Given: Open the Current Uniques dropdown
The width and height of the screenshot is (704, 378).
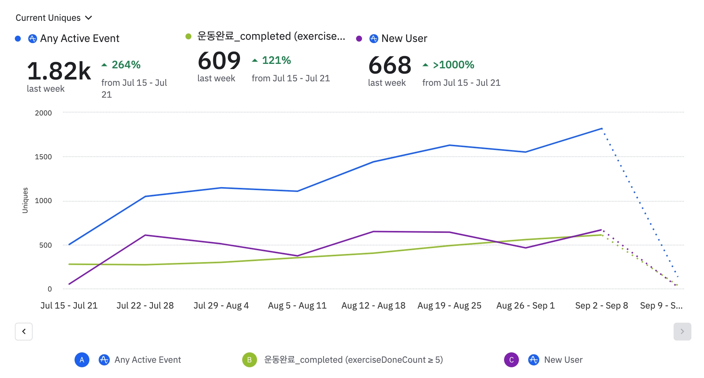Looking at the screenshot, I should click(53, 18).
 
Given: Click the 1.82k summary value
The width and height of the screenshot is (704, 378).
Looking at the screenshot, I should click(59, 71).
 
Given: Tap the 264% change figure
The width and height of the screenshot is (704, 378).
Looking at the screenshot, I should click(126, 65).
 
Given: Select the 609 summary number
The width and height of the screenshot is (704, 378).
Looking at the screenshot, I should click(219, 61).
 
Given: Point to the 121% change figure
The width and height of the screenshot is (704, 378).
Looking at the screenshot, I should click(276, 60).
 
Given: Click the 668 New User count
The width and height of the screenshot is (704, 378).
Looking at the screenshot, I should click(390, 65).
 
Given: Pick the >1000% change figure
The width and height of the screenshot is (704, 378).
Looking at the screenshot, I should click(453, 65).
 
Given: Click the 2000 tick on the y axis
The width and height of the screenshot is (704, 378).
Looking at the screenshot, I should click(43, 113).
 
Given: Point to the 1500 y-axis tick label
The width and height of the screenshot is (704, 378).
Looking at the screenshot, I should click(43, 157).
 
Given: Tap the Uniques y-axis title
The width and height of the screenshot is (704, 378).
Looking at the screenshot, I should click(25, 200).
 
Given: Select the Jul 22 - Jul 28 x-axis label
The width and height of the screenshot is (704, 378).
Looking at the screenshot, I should click(145, 306).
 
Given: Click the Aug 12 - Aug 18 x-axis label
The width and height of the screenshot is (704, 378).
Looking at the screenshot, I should click(373, 306).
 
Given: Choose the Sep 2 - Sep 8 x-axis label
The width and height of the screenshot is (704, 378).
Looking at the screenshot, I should click(601, 306).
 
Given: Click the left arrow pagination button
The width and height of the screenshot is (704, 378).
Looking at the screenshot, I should click(24, 331).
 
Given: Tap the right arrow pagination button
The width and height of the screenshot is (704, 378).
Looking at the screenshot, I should click(682, 331).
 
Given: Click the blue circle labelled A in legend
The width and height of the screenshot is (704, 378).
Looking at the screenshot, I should click(82, 360).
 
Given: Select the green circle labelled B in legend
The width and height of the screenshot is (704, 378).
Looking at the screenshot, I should click(249, 360).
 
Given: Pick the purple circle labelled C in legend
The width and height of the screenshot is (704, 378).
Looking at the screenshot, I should click(511, 360).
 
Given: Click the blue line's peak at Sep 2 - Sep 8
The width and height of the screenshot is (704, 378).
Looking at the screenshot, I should click(601, 128).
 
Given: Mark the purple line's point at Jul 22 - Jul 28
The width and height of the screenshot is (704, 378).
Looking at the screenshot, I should click(145, 235).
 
